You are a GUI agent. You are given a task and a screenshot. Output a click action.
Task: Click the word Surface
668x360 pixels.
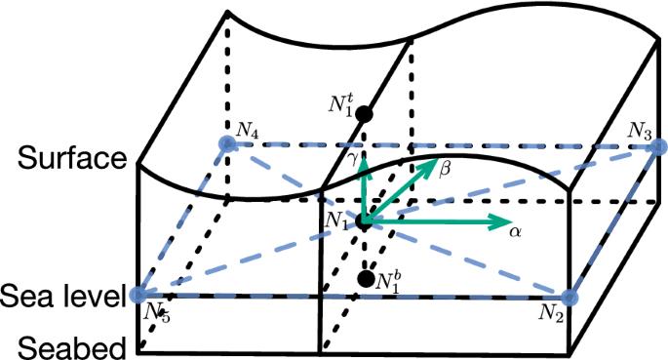click(64, 158)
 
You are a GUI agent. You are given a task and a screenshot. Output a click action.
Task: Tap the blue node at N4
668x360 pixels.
click(227, 144)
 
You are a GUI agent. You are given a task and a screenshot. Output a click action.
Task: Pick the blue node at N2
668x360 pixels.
click(570, 297)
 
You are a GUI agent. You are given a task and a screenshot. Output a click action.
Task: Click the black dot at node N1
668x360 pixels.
click(364, 222)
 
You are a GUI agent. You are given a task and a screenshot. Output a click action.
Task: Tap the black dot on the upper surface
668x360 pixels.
click(364, 114)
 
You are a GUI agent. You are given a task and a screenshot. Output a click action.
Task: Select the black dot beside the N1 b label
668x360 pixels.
click(366, 279)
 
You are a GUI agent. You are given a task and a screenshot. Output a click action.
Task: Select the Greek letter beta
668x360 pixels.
click(445, 169)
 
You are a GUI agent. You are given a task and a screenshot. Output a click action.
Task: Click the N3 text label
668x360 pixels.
click(641, 130)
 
